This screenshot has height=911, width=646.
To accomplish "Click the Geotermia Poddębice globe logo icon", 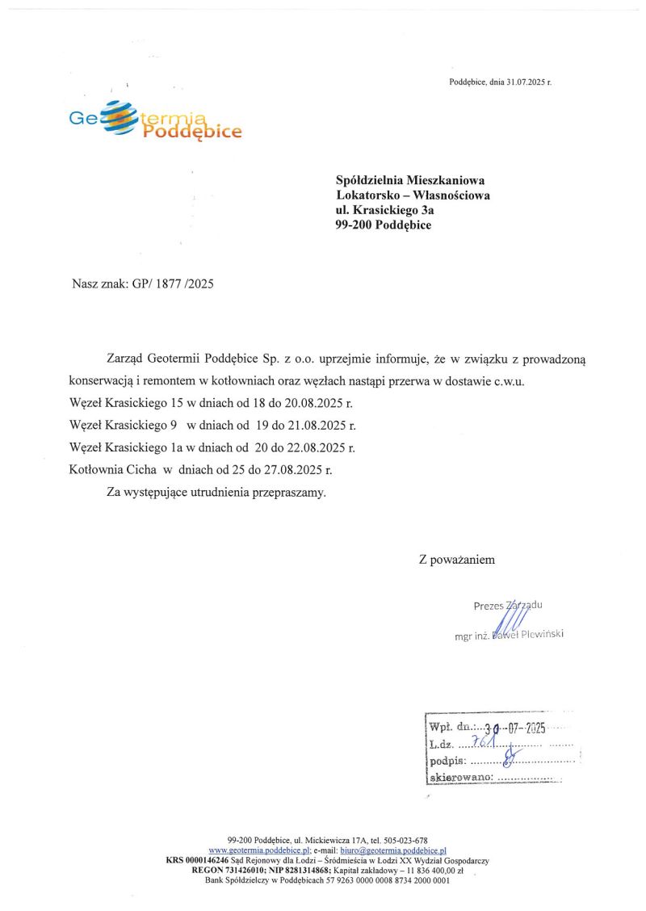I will point(117,118).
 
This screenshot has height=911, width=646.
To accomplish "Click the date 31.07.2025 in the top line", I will point(526,82).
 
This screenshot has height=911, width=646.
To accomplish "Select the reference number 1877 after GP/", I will point(170,284).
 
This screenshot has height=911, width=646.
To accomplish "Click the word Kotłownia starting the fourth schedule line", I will point(96,469).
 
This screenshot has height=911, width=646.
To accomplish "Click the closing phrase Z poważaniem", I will point(456,559).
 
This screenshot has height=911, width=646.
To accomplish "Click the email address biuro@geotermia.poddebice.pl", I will point(393,850).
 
